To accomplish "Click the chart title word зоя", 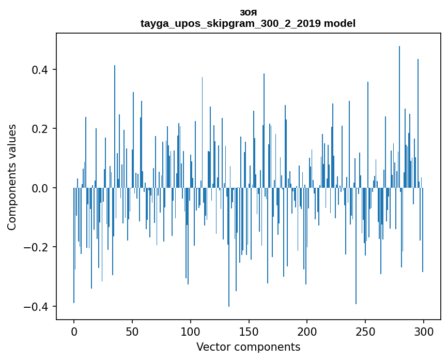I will (x=248, y=12).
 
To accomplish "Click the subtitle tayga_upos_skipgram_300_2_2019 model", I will (x=248, y=23).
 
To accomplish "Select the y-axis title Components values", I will (x=12, y=177).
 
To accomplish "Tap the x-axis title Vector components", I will (x=248, y=347).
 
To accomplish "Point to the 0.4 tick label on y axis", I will (x=41, y=70).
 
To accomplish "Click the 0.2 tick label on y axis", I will (x=41, y=129).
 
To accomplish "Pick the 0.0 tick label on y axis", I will (x=41, y=188).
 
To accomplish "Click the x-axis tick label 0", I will (x=74, y=331).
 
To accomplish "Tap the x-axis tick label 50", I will (x=132, y=331).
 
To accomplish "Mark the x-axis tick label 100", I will (x=191, y=331).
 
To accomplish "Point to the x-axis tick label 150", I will (x=249, y=331).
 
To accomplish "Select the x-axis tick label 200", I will (x=307, y=331).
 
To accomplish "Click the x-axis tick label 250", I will (x=365, y=331).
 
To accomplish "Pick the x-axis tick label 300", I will (x=424, y=331).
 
